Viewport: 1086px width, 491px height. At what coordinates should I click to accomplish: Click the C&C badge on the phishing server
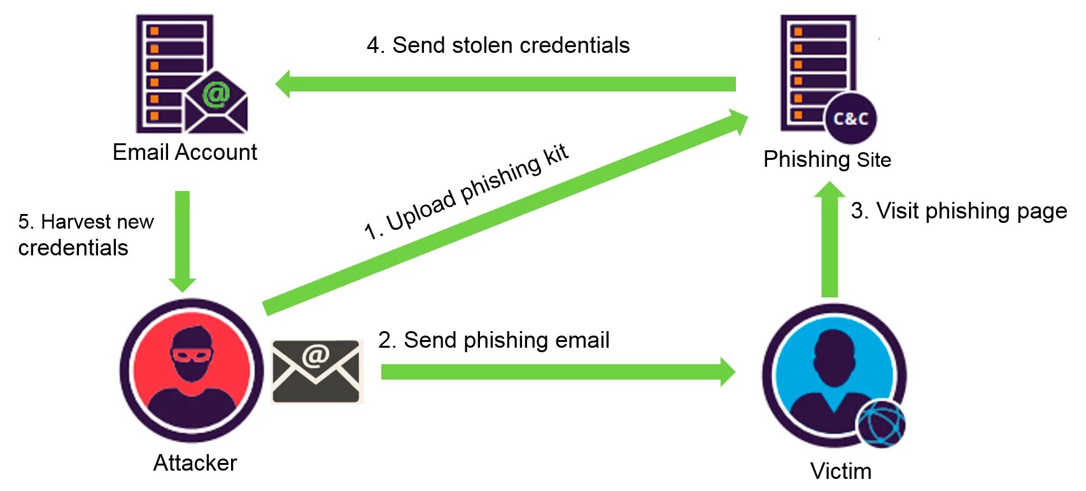[x=850, y=118]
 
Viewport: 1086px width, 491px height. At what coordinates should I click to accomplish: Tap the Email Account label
[x=185, y=153]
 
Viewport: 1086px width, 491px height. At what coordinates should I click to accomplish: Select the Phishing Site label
[x=827, y=159]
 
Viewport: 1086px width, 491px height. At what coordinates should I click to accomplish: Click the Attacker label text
[x=195, y=463]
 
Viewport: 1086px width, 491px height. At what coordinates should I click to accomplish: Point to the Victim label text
[x=840, y=471]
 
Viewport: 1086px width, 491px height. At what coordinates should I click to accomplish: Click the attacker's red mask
[x=190, y=354]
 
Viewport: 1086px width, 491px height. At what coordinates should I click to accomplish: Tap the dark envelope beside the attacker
[x=316, y=371]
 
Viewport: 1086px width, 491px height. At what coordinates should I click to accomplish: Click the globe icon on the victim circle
[x=880, y=423]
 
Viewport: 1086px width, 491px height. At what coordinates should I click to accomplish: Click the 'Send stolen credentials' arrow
[x=509, y=84]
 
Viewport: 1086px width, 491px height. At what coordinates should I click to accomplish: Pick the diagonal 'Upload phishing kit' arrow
[x=503, y=213]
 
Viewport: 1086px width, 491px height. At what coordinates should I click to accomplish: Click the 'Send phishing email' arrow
[x=554, y=372]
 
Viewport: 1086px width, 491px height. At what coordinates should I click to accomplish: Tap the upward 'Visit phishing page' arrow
[x=829, y=242]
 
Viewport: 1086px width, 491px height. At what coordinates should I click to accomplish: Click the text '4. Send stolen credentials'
[x=498, y=46]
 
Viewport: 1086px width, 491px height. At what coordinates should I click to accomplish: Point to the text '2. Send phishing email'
[x=493, y=341]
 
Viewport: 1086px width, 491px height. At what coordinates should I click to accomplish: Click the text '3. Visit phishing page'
[x=959, y=211]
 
